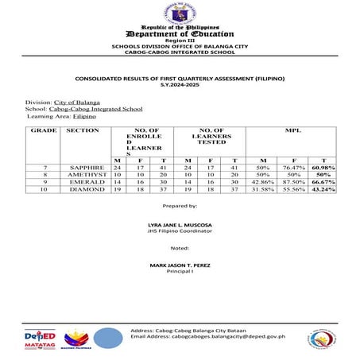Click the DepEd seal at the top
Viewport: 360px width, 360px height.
point(180,13)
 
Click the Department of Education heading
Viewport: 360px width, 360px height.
point(180,34)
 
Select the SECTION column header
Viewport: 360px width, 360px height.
point(83,129)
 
